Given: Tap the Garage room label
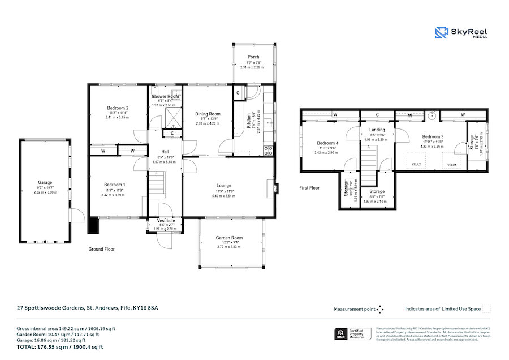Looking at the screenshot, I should [45, 182].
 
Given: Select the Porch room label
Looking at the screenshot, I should [254, 57].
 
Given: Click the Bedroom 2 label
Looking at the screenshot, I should [118, 108].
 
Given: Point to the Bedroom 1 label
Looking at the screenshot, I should [115, 185].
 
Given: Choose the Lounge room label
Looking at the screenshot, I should [224, 185].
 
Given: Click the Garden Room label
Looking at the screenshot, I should [229, 238].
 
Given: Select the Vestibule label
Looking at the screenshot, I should [165, 220].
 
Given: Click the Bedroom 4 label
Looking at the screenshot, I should [328, 143].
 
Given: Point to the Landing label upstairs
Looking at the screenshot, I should [369, 130].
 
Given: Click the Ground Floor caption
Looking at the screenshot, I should [102, 248].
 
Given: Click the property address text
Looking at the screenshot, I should [87, 308].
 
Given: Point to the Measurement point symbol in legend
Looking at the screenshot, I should [380, 309].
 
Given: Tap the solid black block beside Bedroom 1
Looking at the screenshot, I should [93, 225].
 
